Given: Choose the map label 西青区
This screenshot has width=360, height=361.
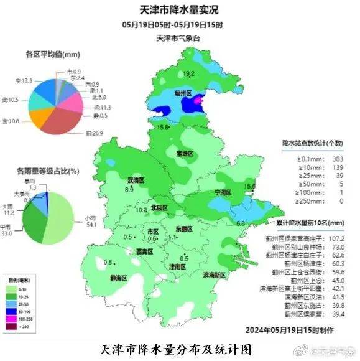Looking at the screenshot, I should coord(144,251).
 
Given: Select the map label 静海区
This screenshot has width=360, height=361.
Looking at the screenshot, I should coord(119,278).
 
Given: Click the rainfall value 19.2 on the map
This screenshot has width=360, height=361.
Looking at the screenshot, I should coord(189,73).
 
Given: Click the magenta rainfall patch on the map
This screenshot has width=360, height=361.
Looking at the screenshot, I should coord(198,99).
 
